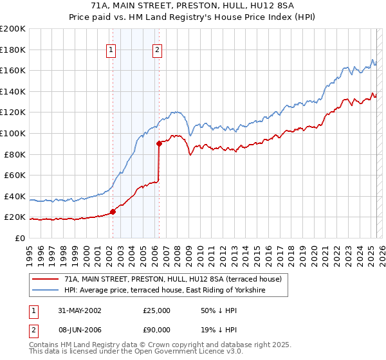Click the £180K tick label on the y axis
pyautogui.click(x=13, y=50)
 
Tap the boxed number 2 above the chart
pyautogui.click(x=158, y=49)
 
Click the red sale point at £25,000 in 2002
pyautogui.click(x=113, y=212)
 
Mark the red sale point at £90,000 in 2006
pyautogui.click(x=159, y=143)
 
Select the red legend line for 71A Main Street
pyautogui.click(x=46, y=280)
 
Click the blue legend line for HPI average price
pyautogui.click(x=46, y=291)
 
